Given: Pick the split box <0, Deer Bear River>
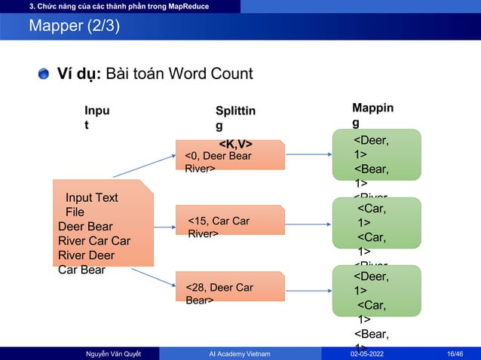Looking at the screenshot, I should [229, 154].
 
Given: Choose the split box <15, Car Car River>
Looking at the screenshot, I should [229, 220].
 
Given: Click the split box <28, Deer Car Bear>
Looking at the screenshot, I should [229, 286].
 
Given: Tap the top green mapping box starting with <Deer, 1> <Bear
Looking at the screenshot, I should [376, 154].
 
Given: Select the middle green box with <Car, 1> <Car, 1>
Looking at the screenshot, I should [376, 222].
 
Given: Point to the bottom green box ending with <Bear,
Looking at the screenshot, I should [376, 290].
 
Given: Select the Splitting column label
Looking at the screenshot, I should [235, 119].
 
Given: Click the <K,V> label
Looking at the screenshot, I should [235, 144].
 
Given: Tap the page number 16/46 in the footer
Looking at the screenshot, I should [455, 353].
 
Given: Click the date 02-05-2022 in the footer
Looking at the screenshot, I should [372, 353].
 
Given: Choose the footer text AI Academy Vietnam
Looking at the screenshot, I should [240, 353].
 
